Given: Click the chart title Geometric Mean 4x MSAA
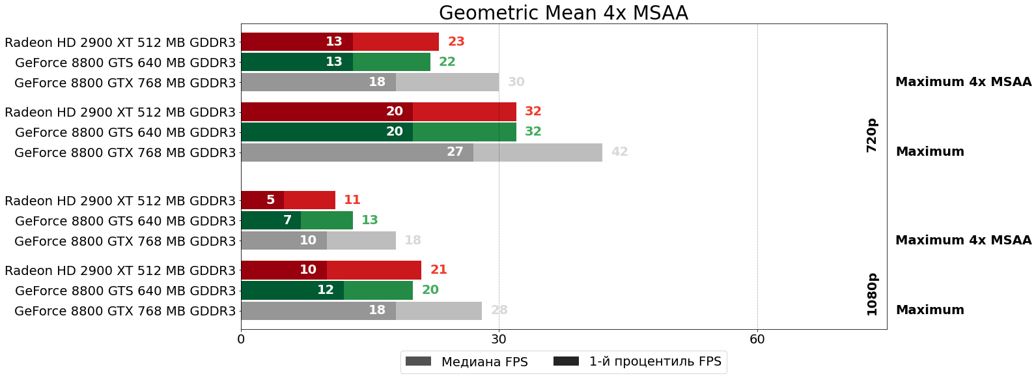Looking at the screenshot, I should coord(563,13).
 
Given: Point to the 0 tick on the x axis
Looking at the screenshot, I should coord(241,339).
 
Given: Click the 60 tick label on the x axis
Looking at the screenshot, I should coord(757,339).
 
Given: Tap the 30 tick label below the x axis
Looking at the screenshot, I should coord(499,339).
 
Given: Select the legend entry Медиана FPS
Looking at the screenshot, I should coord(466,362).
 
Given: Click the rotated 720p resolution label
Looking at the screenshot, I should coord(872,136).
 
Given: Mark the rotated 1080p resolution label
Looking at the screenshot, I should coord(872,294).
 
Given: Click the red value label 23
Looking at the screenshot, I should coord(456,42).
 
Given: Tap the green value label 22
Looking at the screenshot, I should coord(447,62).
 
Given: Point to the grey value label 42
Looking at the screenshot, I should coord(619,152).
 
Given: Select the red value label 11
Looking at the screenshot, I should coord(352,200).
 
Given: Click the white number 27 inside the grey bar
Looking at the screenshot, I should coord(455,152).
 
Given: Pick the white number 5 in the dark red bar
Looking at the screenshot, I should coord(270,200).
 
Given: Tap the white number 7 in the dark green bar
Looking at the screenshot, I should coord(287,220).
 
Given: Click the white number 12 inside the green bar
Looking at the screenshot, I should coord(325,290).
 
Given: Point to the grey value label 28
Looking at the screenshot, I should coord(499,310).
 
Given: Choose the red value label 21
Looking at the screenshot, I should coord(438,270).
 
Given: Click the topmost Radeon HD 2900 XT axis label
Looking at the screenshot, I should coord(120,43).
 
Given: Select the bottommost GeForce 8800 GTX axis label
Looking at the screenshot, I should coord(125,312).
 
